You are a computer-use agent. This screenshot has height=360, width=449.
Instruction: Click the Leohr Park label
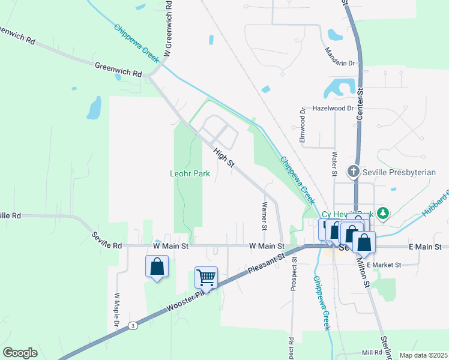[x=188, y=173]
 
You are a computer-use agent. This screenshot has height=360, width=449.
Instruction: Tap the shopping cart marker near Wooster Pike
[x=206, y=278]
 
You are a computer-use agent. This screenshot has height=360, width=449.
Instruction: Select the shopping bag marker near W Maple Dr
[x=157, y=266]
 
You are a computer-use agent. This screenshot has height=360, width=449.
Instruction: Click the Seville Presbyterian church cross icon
[x=354, y=172]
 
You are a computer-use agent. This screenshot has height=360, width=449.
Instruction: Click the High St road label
[x=224, y=158]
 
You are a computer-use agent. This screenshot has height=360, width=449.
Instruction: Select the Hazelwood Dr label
[x=333, y=109]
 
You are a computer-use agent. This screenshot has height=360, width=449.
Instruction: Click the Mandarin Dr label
[x=339, y=57]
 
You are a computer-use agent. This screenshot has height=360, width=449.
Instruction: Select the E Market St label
[x=387, y=265]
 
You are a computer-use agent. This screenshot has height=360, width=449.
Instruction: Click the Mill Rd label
[x=372, y=353]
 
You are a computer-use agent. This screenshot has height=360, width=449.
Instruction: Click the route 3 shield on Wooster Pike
[x=133, y=325]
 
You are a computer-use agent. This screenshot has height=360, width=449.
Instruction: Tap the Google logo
[x=20, y=353]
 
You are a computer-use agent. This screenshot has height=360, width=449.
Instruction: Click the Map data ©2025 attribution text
[x=423, y=355]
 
